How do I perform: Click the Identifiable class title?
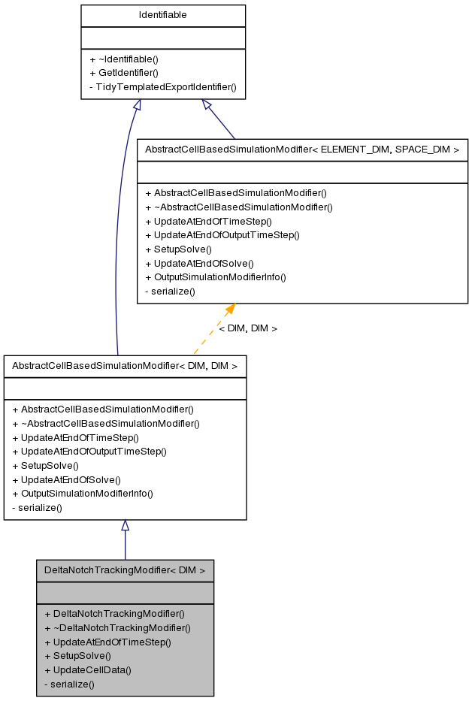coord(163,15)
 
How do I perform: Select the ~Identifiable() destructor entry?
coord(124,59)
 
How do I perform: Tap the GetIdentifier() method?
coord(124,73)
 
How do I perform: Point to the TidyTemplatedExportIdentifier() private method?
coord(163,87)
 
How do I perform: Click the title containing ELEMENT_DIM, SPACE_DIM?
coord(302,150)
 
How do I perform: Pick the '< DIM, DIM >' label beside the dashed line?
coord(248,328)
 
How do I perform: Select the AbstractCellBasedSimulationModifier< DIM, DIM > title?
coord(125,366)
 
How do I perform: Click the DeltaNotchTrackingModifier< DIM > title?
coord(125,570)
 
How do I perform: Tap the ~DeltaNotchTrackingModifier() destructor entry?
coord(117,627)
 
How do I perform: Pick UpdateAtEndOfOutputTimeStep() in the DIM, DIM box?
coord(89,452)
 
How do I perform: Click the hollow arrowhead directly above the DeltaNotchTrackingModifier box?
coord(125,526)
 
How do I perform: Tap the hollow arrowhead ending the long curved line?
coord(138,105)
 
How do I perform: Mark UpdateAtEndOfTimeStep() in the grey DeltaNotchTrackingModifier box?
coord(107,642)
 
